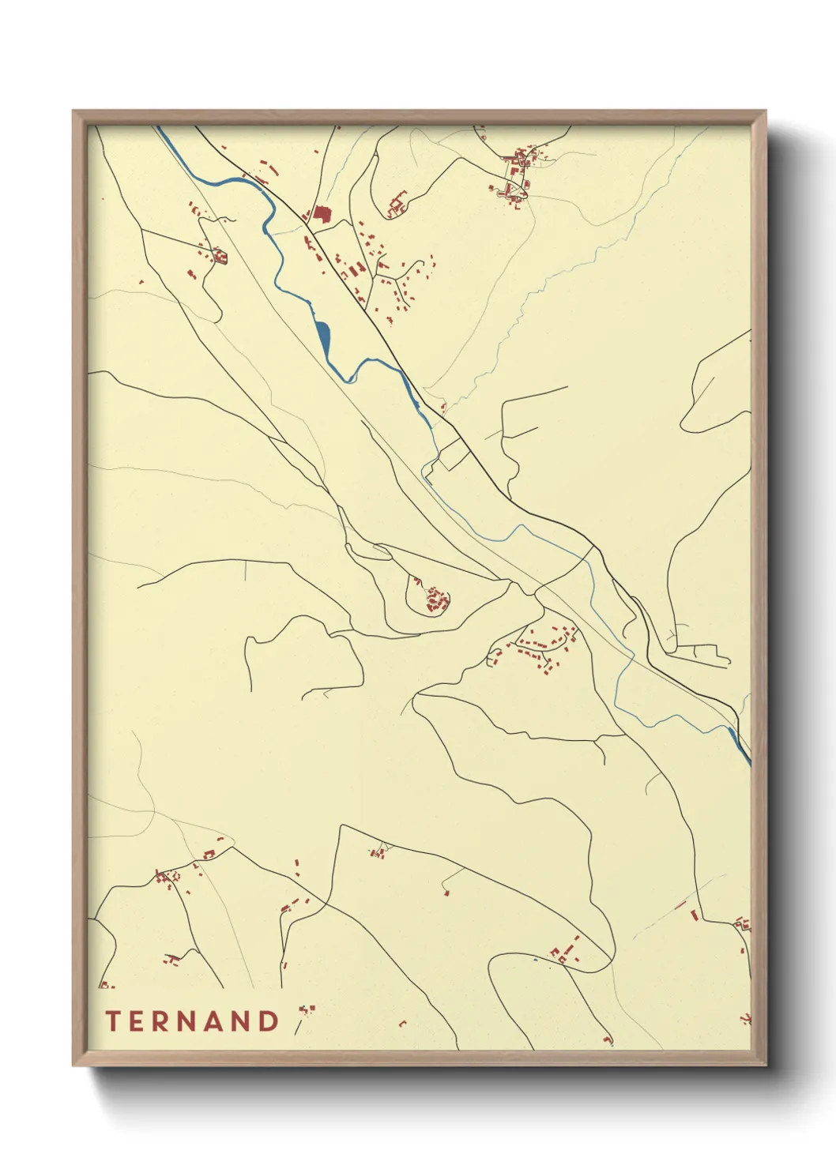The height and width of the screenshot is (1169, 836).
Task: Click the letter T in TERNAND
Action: coord(112,1021)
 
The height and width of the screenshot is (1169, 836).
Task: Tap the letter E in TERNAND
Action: coord(137,1021)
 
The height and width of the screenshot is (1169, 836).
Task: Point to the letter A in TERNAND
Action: coord(217,1021)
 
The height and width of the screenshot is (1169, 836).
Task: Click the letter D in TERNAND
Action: coord(269,1021)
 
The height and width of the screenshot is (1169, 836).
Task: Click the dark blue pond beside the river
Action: coord(323,337)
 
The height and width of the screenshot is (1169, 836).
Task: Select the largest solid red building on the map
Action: coord(321,214)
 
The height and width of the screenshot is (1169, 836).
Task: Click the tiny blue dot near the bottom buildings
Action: coord(535,960)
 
